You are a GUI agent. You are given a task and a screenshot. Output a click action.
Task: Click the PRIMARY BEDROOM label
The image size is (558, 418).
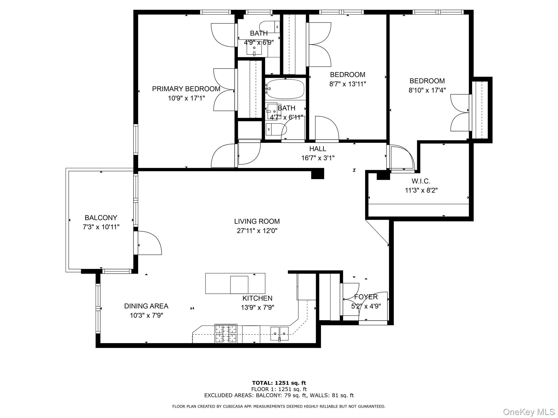[186, 89]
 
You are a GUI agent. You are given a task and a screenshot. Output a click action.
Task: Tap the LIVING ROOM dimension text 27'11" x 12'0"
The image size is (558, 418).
[257, 231]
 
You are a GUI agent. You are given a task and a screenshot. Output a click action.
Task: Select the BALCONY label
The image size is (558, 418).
[101, 218]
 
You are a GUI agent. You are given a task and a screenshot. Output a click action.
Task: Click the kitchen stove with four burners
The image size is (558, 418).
[226, 333]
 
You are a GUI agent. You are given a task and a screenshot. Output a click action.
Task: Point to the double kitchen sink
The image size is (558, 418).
[279, 334]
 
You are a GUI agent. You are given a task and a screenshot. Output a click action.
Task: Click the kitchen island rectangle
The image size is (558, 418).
[235, 283]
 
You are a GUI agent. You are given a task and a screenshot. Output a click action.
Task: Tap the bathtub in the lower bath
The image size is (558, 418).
[285, 89]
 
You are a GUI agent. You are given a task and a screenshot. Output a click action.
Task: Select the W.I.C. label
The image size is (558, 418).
[421, 181]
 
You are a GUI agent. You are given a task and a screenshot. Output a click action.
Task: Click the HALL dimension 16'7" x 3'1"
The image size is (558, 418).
[318, 158]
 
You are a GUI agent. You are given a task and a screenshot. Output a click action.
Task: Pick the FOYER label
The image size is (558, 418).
[366, 297]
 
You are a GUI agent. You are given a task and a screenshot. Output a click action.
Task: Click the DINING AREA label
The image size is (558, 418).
[146, 306]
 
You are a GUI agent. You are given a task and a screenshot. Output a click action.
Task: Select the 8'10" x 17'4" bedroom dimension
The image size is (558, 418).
[427, 90]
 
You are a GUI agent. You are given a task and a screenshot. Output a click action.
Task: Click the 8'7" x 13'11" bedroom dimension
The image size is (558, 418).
[347, 84]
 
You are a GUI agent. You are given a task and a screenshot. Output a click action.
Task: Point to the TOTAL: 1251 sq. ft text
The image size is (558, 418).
[279, 383]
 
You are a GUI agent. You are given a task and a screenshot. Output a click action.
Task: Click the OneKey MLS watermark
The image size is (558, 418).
[529, 412]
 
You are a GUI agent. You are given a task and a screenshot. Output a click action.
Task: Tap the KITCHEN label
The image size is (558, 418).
[257, 298]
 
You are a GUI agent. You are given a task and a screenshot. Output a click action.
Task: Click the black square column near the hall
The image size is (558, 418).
[317, 174]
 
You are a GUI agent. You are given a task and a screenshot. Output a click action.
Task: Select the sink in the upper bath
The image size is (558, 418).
[254, 49]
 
